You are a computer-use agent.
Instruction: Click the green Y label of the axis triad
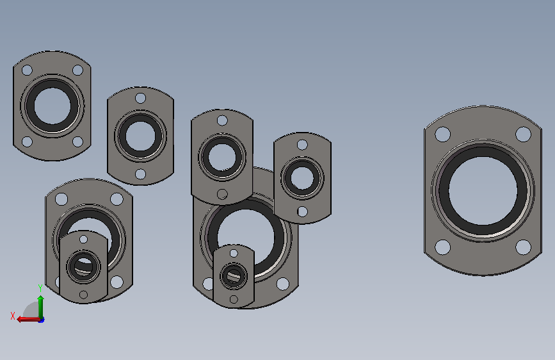click(40, 288)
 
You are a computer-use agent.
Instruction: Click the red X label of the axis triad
click(13, 316)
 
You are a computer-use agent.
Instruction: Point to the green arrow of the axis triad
click(41, 307)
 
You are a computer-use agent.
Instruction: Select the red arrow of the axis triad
click(28, 320)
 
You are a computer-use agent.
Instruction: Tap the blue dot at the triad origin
click(42, 320)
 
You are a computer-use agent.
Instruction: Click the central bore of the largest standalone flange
click(483, 191)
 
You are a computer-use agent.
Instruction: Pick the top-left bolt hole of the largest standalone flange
click(442, 135)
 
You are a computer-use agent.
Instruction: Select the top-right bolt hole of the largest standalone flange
click(523, 135)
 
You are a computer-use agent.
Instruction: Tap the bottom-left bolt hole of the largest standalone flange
click(442, 247)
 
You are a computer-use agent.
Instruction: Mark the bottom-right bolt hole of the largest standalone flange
click(523, 247)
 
